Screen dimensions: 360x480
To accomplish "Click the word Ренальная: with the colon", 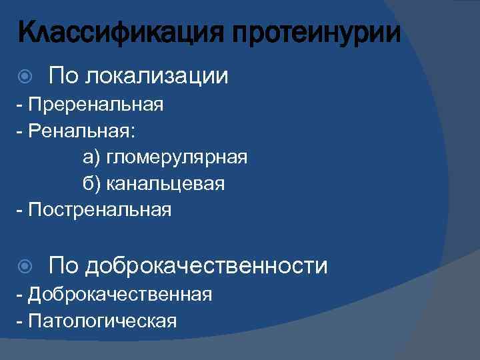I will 80,131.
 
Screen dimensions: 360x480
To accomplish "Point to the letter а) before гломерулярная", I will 91,158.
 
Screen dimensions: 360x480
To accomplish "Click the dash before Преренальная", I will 19,106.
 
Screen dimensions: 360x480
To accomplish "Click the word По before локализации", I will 64,76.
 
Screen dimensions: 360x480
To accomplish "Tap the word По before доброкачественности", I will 64,265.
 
